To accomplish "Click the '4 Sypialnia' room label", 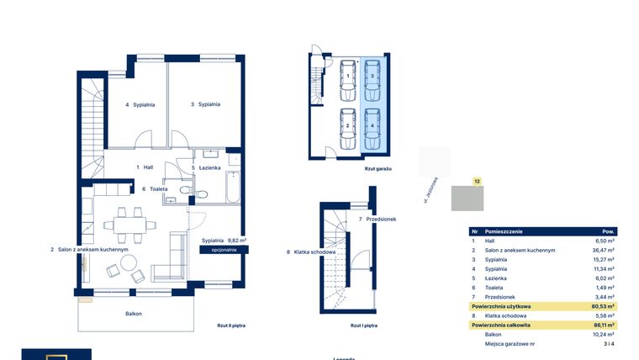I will pyautogui.click(x=140, y=105).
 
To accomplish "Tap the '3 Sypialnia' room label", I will pyautogui.click(x=205, y=104).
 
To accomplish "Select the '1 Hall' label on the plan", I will pyautogui.click(x=145, y=167).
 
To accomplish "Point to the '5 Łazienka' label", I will pyautogui.click(x=206, y=168).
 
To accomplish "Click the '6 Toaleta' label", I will pyautogui.click(x=155, y=189).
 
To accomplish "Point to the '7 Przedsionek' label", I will pyautogui.click(x=377, y=220).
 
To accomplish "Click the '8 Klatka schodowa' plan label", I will pyautogui.click(x=311, y=252).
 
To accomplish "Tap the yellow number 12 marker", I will pyautogui.click(x=477, y=181).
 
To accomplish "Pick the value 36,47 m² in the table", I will pyautogui.click(x=605, y=250).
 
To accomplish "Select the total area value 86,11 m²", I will pyautogui.click(x=605, y=325).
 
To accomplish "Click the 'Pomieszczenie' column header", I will pyautogui.click(x=509, y=230).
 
